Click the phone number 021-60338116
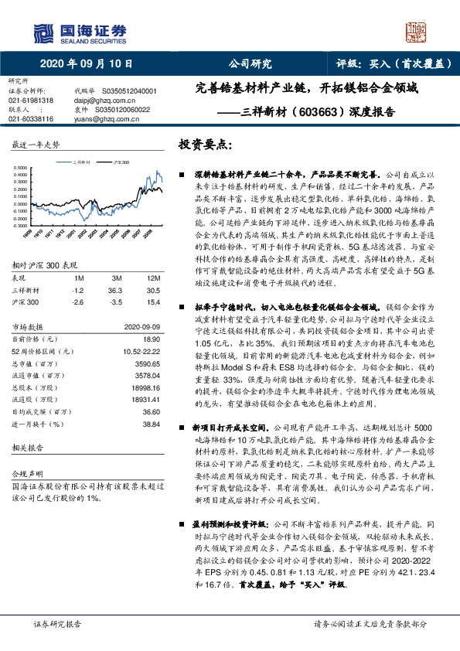click(x=31, y=119)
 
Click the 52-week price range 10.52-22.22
click(x=141, y=350)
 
